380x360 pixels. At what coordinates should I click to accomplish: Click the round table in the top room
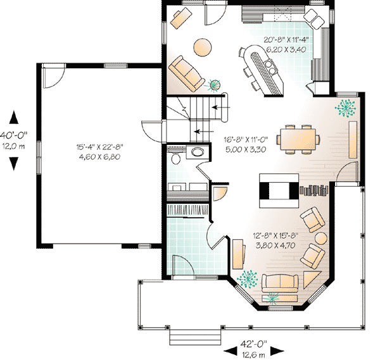tap(203, 47)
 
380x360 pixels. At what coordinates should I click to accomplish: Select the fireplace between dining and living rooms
tap(276, 191)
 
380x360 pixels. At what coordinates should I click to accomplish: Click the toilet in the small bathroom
tap(197, 152)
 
